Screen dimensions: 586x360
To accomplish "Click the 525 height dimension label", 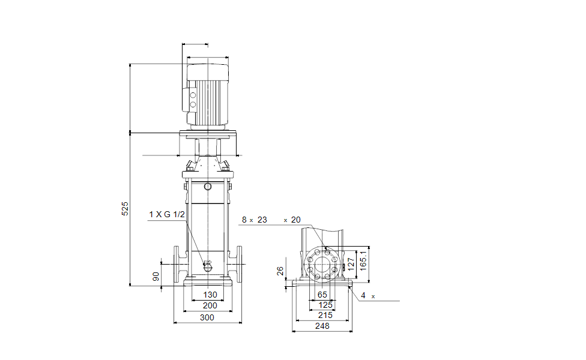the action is point(125,209).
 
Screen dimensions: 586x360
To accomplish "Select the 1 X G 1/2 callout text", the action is point(167,214).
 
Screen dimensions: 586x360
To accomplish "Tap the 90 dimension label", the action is point(156,277).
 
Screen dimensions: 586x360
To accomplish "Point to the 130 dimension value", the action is point(210,295).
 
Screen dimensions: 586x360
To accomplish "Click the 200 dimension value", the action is point(210,305).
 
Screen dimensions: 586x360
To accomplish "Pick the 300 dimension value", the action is point(207,317).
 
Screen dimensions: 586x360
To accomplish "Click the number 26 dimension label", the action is point(280,271).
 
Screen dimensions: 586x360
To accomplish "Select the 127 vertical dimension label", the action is point(351,265).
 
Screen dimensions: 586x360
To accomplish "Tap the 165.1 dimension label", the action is point(363,260).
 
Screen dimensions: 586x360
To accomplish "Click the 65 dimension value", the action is point(322,295).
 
